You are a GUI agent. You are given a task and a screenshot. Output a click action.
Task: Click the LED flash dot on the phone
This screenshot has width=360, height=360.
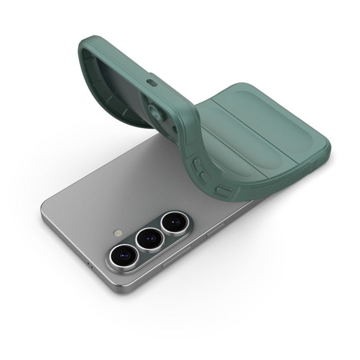click(x=118, y=234)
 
